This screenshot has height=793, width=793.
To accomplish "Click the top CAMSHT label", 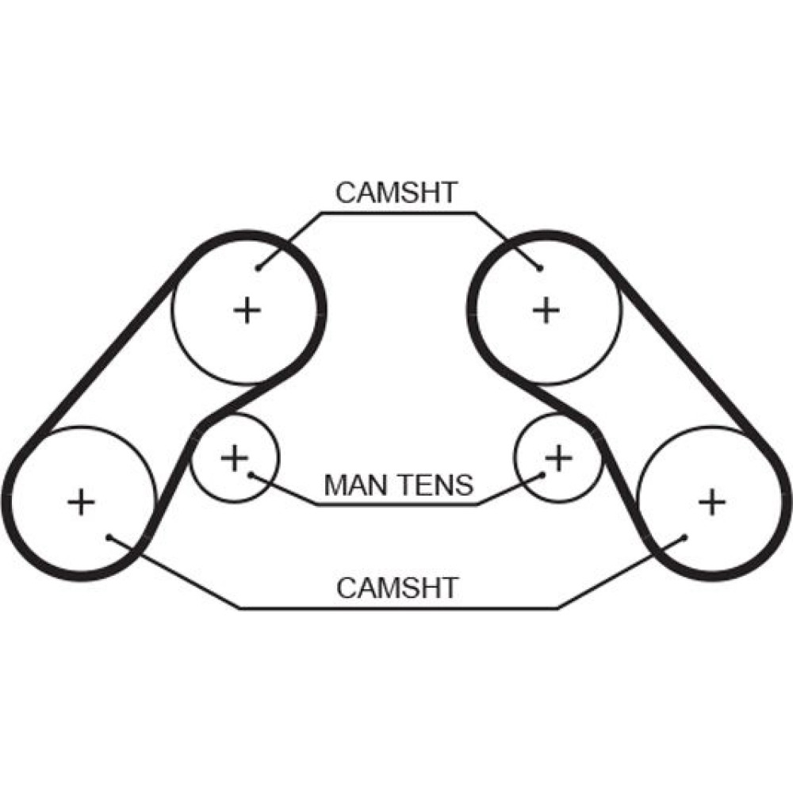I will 396,193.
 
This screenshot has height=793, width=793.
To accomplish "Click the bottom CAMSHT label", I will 397,588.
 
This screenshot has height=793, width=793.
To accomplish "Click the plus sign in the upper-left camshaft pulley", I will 247,309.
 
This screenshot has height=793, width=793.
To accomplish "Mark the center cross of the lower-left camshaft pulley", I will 81,502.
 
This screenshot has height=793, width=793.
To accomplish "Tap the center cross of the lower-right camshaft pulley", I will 711,501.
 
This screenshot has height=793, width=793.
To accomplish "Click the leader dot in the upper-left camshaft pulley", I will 259,268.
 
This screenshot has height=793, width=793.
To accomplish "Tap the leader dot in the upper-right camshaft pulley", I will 541,268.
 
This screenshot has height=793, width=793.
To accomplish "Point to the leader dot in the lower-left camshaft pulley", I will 109,537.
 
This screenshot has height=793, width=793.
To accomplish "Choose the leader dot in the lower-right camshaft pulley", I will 684,537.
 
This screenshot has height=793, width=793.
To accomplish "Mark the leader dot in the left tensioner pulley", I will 249,474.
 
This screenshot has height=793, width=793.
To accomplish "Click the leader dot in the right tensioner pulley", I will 544,474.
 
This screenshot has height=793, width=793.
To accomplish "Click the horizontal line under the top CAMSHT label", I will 396,213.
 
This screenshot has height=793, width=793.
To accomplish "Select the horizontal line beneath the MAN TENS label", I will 396,504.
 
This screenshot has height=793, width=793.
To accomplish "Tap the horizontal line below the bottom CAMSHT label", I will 396,608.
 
